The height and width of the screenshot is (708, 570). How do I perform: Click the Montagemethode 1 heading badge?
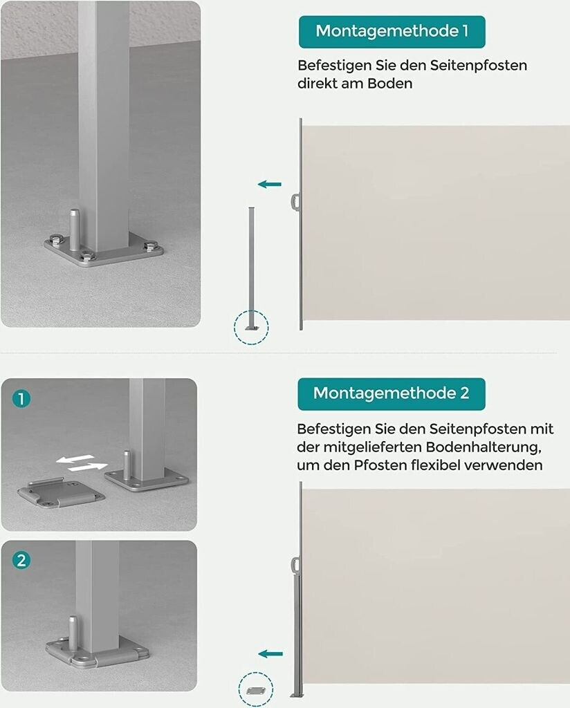392,32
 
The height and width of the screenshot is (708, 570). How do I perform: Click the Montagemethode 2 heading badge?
391,393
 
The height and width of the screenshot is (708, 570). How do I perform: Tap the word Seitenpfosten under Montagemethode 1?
478,66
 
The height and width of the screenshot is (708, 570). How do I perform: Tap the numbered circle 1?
21,399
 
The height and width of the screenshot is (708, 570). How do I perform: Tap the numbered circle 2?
21,561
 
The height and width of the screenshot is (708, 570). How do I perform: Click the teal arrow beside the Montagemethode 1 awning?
270,184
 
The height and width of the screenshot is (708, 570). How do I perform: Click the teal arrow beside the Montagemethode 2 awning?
270,654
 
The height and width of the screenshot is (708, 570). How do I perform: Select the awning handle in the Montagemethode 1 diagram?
295,202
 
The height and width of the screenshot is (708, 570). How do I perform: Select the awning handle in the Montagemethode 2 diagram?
295,565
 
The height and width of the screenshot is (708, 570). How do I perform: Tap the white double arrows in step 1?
82,463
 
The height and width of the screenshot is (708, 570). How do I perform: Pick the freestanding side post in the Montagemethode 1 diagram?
252,269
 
